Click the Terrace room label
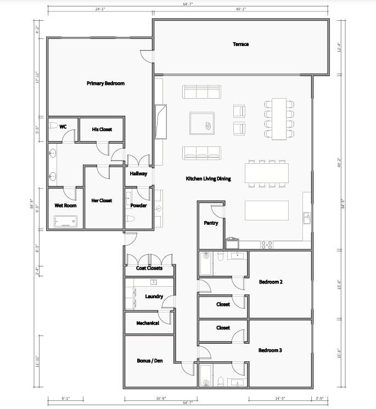click(240, 44)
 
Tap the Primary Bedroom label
click(105, 83)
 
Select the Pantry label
click(211, 223)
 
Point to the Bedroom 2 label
click(271, 282)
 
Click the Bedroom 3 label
click(271, 350)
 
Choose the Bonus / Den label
click(149, 361)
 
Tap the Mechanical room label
click(148, 323)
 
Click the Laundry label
click(154, 297)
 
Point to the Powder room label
click(138, 206)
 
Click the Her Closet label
click(102, 200)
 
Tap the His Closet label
click(102, 129)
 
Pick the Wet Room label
click(65, 206)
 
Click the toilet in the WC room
click(53, 126)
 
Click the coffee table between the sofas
click(202, 123)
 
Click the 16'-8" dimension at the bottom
click(160, 398)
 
